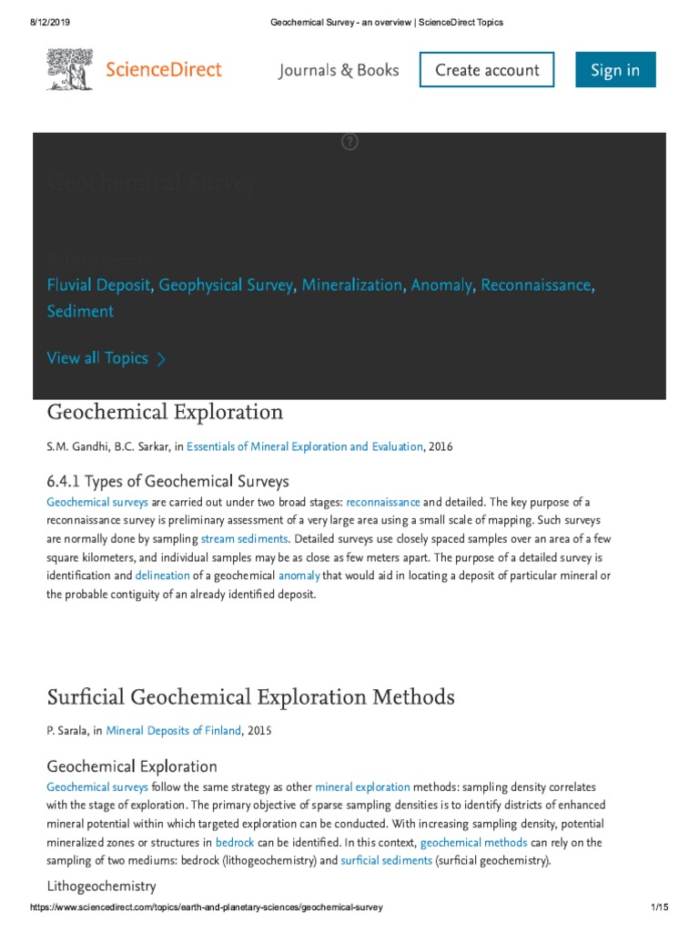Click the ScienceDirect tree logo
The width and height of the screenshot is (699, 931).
(70, 69)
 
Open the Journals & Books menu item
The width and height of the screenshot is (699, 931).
(339, 70)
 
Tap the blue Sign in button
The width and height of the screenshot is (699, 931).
(615, 70)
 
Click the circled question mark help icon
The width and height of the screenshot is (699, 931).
(349, 141)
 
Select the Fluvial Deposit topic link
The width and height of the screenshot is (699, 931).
(98, 285)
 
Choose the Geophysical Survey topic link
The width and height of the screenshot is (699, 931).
(226, 285)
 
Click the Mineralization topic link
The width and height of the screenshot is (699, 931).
(351, 285)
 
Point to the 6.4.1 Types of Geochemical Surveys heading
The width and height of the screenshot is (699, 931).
(167, 481)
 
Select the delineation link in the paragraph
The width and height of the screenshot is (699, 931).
(162, 576)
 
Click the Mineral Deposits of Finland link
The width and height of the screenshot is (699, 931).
(174, 730)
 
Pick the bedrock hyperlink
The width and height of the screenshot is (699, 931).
(235, 843)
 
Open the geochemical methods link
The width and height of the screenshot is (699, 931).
(473, 843)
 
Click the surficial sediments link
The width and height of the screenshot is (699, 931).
(386, 860)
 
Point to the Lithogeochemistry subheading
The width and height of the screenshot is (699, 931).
(101, 886)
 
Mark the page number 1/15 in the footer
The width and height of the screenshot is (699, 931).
(660, 908)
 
